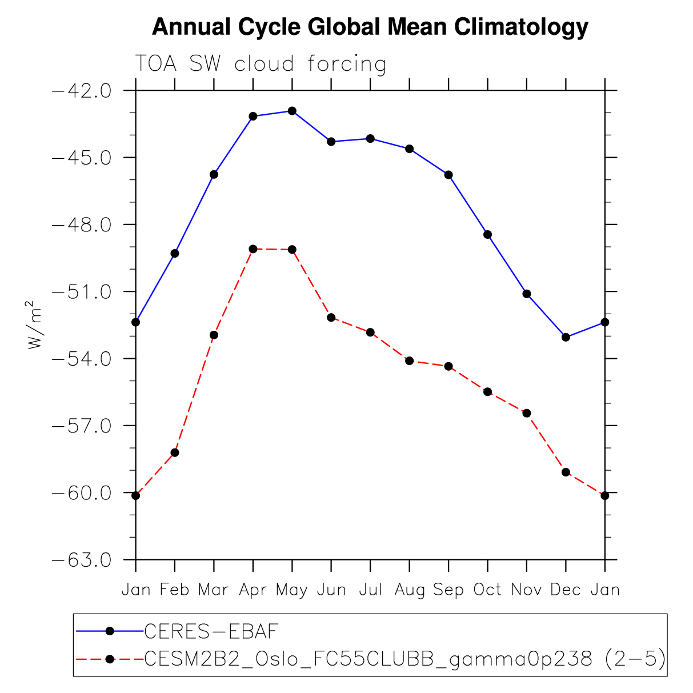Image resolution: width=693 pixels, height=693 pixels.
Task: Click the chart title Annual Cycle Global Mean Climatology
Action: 370,27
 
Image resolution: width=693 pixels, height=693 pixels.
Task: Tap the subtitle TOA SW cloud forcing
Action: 260,64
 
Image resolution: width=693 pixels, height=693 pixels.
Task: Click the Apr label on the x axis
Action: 253,590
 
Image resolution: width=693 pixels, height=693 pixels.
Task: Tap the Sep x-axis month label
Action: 448,590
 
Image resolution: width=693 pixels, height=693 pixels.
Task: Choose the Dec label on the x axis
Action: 566,590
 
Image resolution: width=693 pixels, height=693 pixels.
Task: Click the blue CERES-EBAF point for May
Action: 292,111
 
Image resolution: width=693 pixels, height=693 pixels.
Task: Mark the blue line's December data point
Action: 566,337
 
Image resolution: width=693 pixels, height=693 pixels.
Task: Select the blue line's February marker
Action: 175,253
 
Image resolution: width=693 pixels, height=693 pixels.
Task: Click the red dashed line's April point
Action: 253,249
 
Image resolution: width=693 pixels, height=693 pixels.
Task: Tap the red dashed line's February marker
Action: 175,452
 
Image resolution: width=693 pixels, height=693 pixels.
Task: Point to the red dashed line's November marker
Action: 527,413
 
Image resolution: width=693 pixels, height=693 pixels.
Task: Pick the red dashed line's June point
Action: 331,317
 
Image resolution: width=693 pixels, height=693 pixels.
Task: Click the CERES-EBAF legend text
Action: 211,631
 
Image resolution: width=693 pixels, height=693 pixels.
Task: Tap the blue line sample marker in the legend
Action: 110,631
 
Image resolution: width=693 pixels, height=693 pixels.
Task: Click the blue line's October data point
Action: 487,234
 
